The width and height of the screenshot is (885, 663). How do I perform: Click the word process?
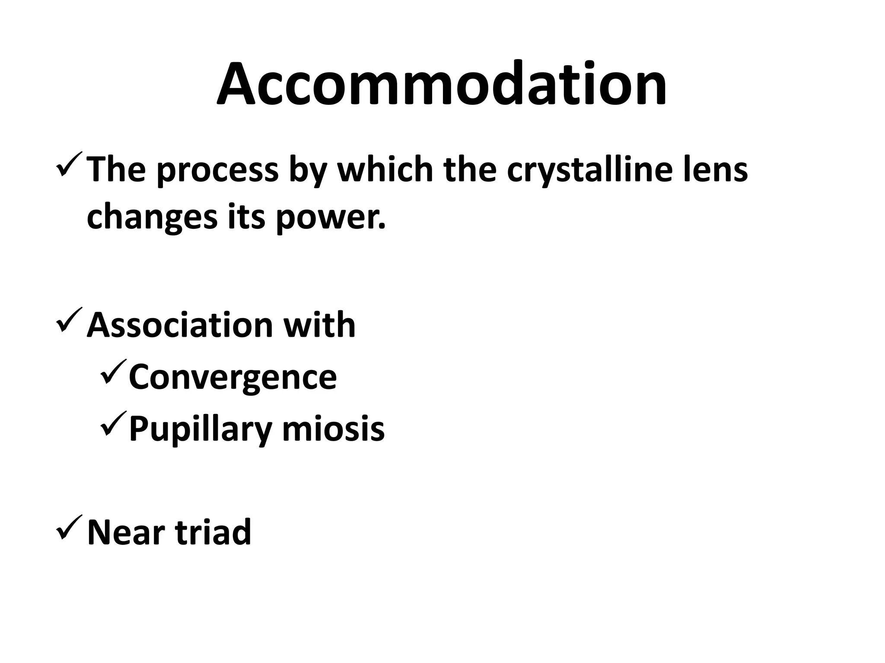coord(217,171)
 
